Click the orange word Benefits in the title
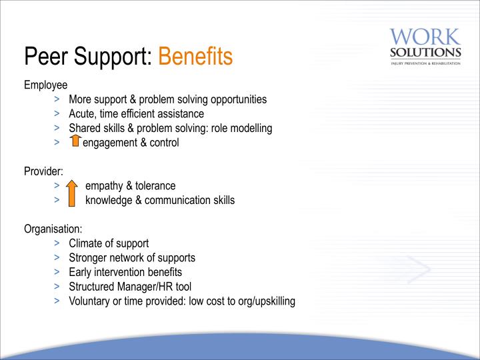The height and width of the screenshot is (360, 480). [195, 56]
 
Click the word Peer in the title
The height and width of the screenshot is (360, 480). [46, 56]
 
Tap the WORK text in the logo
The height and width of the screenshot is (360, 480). [425, 37]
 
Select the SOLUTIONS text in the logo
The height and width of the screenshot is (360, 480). [425, 53]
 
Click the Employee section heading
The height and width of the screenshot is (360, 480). [45, 85]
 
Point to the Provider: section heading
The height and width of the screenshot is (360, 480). [43, 171]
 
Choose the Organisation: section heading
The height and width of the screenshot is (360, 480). [53, 229]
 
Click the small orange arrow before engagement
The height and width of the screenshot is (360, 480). [75, 141]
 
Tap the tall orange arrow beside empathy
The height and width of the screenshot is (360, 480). [71, 193]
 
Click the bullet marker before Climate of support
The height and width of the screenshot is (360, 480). [57, 243]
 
